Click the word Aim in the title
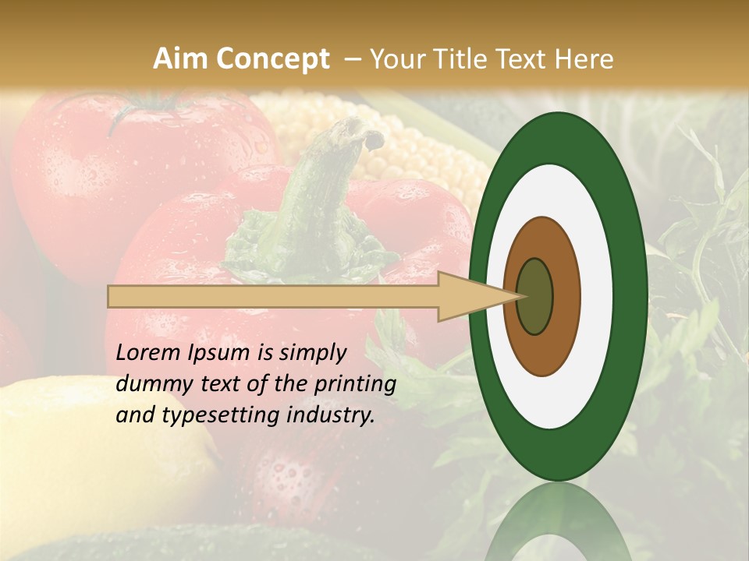(181, 59)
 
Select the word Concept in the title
(272, 59)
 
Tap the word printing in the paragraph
(356, 385)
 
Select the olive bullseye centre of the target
(534, 296)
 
